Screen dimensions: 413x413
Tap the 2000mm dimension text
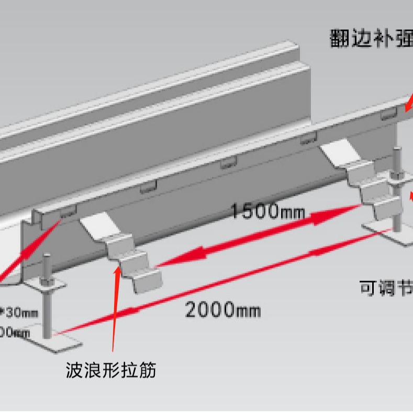[x=222, y=310]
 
